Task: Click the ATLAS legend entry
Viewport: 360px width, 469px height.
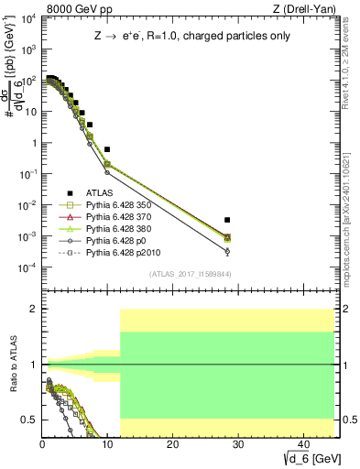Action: (x=98, y=193)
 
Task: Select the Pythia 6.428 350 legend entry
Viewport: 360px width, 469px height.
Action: (x=115, y=205)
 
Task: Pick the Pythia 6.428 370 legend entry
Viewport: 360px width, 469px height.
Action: (x=115, y=217)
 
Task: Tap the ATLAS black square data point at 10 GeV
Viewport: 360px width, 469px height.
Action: (x=107, y=148)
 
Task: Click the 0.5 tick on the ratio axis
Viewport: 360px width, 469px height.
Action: (x=30, y=420)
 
